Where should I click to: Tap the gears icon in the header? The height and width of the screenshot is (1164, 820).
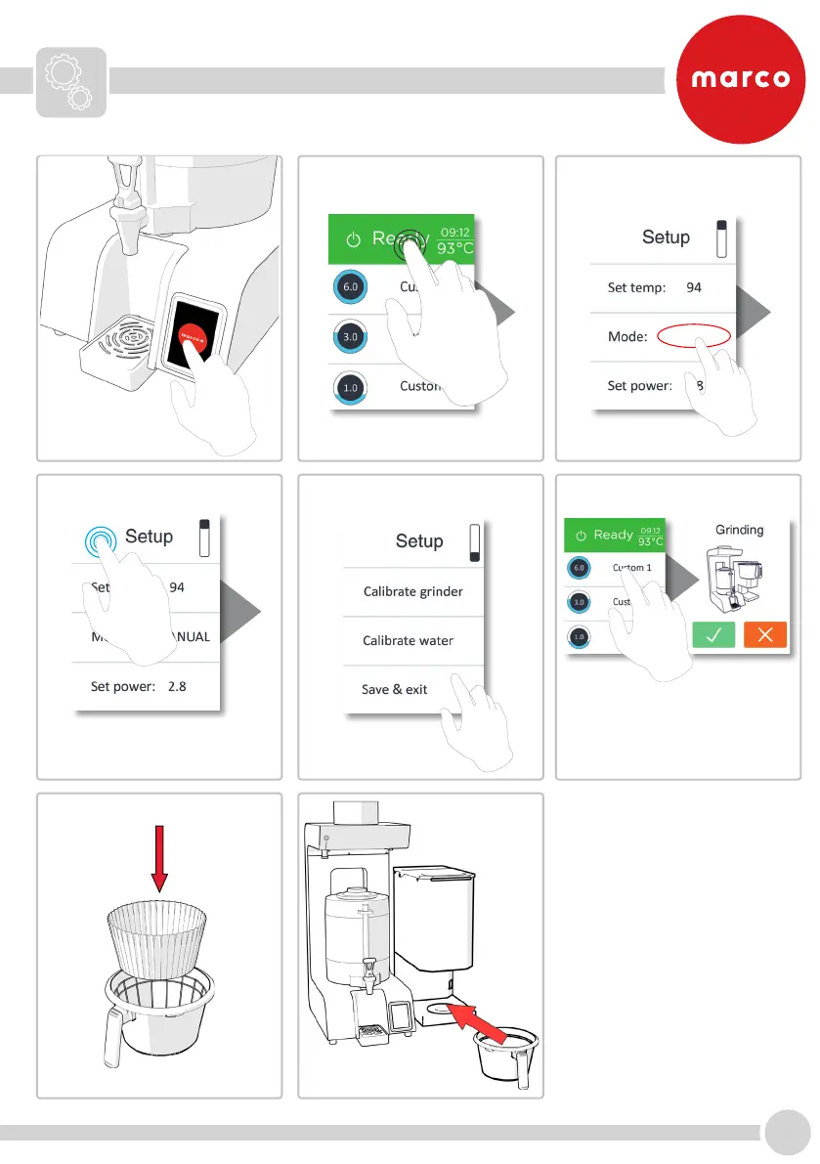71,81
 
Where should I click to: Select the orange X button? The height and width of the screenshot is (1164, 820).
765,635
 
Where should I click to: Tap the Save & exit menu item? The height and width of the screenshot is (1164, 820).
395,689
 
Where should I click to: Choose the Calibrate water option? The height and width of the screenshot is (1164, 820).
408,641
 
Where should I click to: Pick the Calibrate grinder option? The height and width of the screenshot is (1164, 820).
412,591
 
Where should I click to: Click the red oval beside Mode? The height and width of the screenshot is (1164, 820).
693,336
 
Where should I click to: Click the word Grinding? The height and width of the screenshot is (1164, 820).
739,531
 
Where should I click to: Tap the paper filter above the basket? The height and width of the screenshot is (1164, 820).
157,933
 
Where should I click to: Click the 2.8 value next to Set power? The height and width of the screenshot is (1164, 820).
177,686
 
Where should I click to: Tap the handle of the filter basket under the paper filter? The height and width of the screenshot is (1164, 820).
111,1037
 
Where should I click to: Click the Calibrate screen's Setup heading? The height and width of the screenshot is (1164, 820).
419,541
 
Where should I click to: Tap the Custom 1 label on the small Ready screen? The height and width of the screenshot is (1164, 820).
632,568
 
